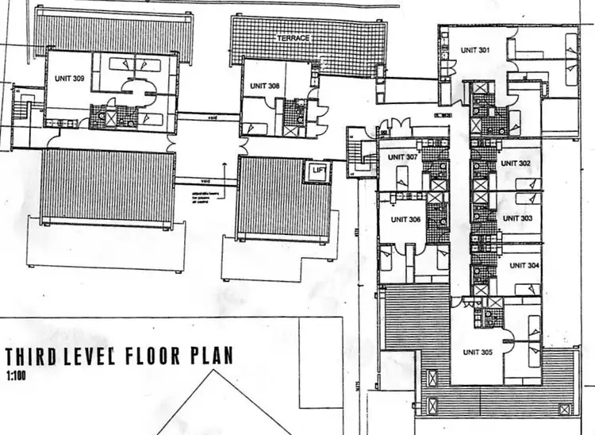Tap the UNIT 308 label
click(264, 86)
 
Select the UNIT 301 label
click(475, 50)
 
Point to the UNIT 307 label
click(402, 157)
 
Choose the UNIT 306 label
click(405, 220)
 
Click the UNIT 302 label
click(516, 163)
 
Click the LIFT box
click(320, 170)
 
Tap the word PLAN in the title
click(212, 355)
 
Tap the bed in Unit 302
click(527, 184)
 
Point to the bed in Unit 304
click(527, 283)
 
